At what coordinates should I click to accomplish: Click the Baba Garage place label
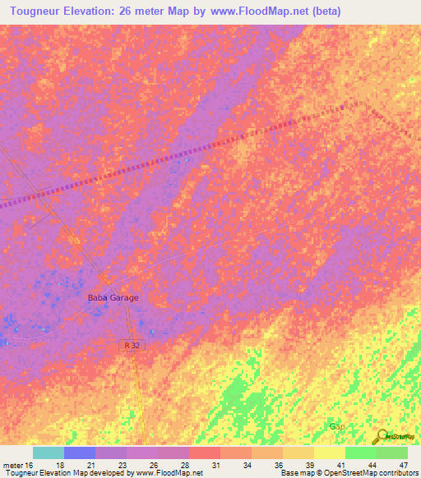click(x=113, y=298)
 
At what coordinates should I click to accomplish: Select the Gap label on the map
click(x=337, y=426)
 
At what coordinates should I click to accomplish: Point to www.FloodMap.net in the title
click(x=258, y=11)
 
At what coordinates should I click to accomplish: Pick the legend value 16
click(x=30, y=466)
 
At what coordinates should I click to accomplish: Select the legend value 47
click(x=402, y=466)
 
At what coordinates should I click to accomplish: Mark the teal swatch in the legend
click(x=49, y=453)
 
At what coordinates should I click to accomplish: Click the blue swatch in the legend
click(x=80, y=453)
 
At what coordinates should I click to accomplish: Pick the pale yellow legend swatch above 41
click(x=330, y=453)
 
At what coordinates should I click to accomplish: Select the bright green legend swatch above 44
click(x=361, y=453)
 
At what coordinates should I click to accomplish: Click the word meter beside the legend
click(x=12, y=466)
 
